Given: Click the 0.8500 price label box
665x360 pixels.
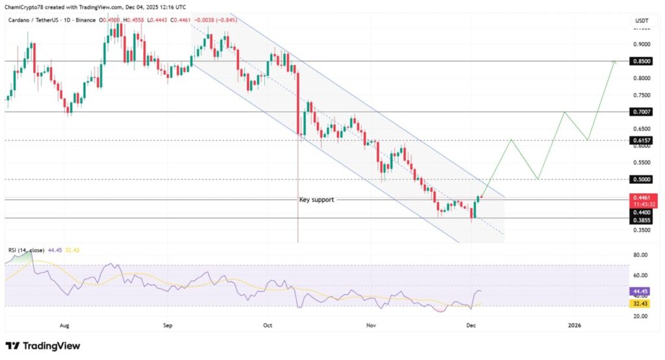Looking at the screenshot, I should pos(641,62).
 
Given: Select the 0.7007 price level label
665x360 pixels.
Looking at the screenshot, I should pos(641,112).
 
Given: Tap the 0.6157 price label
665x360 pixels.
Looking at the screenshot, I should pos(641,140).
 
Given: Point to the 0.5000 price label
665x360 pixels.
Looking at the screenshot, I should pos(641,179).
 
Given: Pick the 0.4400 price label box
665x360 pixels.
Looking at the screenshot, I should pos(641,212).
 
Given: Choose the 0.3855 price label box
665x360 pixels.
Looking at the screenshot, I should pos(641,220).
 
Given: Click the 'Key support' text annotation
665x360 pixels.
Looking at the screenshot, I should pos(316,199).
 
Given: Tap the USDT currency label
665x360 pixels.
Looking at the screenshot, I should pos(641,21).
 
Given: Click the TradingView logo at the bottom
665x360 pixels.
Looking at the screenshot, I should pos(43,346).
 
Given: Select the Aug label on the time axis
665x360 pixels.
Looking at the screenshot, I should pos(64,324).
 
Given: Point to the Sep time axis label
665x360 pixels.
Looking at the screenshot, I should pos(168,324).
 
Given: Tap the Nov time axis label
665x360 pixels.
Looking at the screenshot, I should pos(371,324).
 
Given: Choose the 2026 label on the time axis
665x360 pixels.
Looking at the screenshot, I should pos(574,324).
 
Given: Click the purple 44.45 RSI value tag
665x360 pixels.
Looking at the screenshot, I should pos(641,291).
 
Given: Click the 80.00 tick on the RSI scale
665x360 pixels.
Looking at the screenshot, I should pos(640,256).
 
